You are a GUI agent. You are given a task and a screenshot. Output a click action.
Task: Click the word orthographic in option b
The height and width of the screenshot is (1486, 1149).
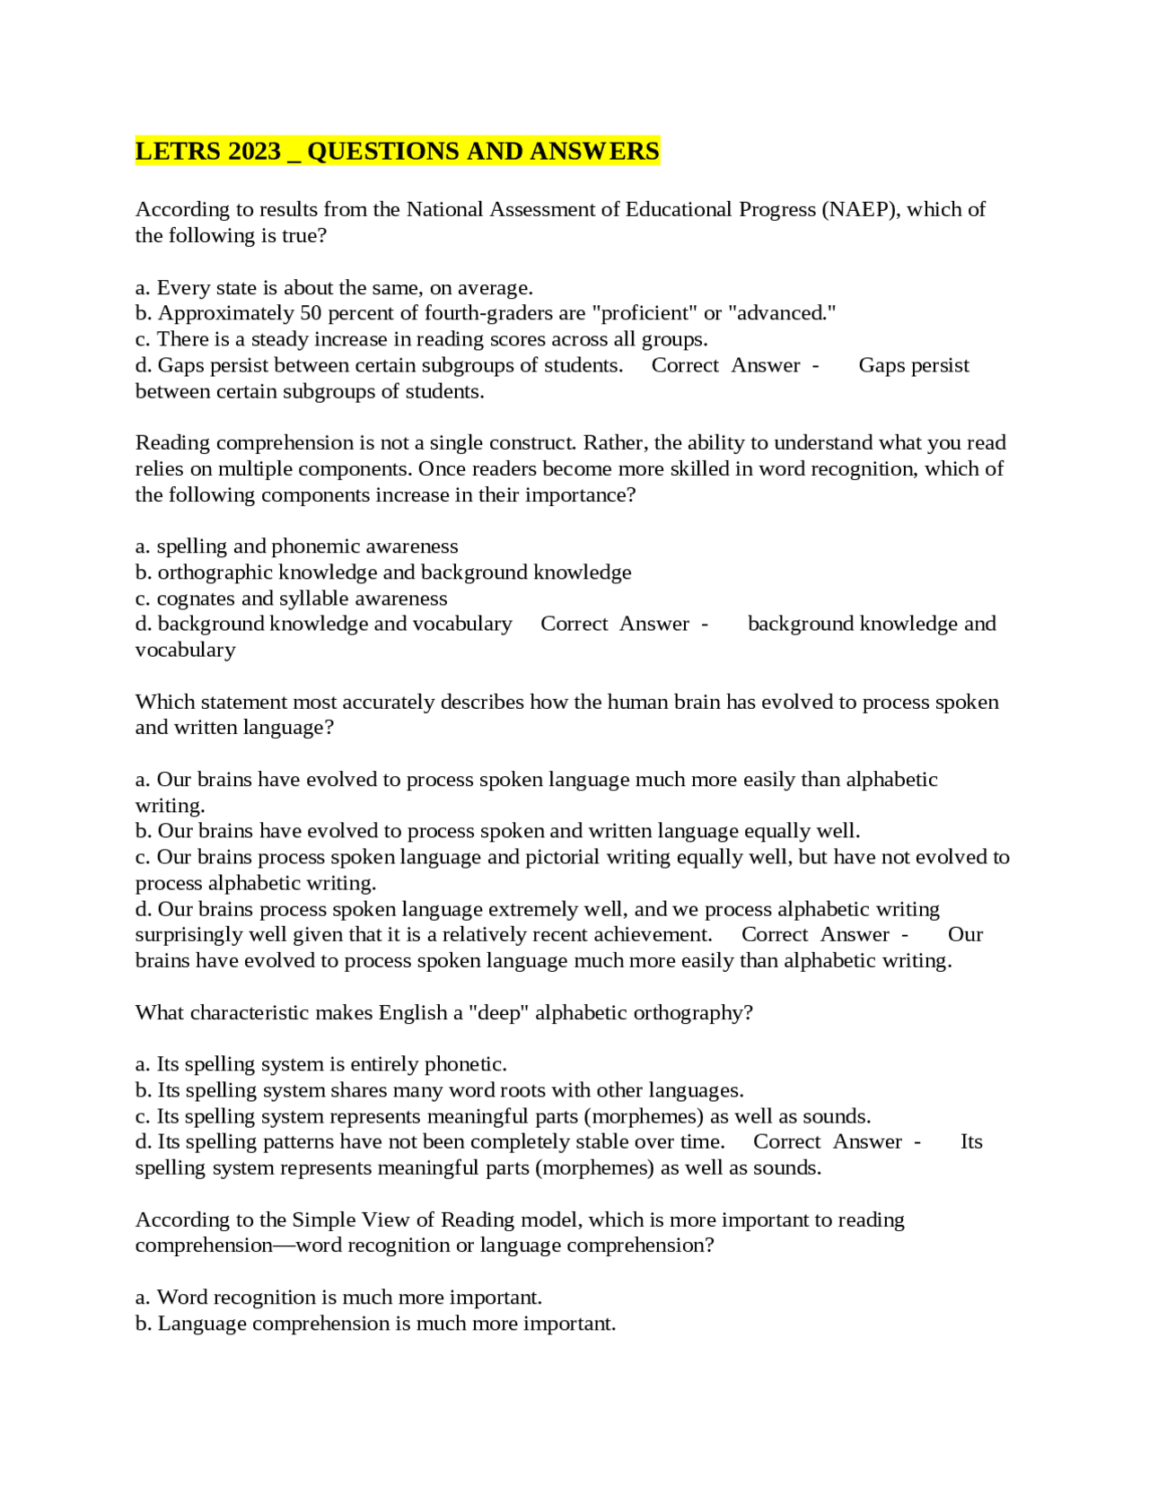215,573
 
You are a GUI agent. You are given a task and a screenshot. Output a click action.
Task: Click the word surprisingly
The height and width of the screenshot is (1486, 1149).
189,935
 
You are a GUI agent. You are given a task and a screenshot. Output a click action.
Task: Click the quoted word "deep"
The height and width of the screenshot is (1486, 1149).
498,1013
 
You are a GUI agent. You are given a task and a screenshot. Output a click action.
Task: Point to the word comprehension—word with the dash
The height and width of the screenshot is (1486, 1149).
238,1246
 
